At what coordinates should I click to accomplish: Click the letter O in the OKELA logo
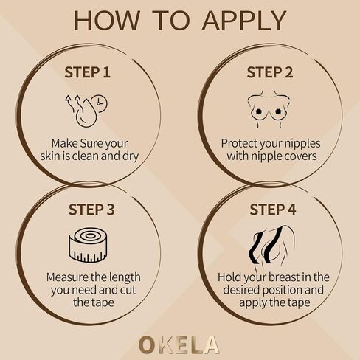(147, 344)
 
